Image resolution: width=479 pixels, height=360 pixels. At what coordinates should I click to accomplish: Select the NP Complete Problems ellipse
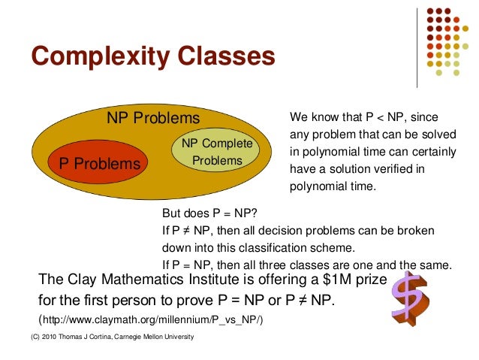[x=217, y=152]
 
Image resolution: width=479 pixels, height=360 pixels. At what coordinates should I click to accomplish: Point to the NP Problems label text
[x=153, y=119]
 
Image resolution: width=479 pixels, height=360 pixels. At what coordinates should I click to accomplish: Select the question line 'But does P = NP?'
[x=208, y=213]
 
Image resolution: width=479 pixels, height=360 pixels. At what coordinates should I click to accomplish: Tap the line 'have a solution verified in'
[x=357, y=169]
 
